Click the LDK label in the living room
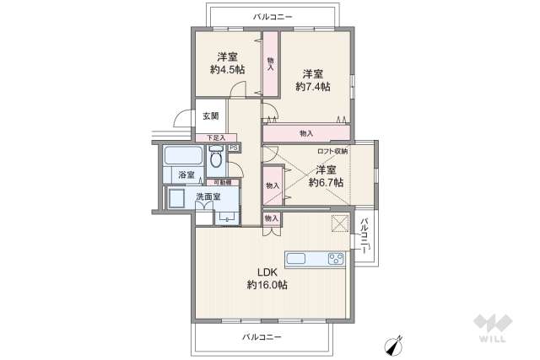(267, 271)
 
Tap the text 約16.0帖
(267, 286)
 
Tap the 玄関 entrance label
(210, 116)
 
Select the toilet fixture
(217, 157)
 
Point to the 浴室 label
(186, 175)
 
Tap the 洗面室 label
(208, 196)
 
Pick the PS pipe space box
(234, 148)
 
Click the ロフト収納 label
(332, 151)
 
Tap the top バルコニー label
(273, 16)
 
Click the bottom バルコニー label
(262, 336)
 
